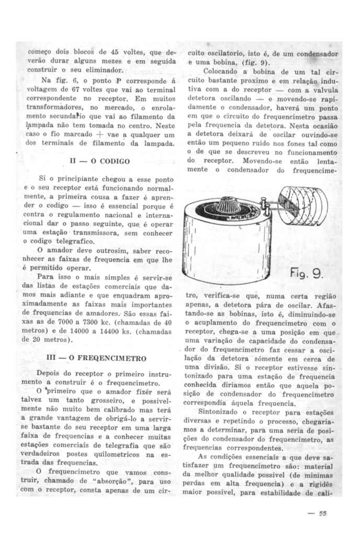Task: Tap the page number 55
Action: point(323,513)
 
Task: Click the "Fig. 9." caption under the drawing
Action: point(307,273)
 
